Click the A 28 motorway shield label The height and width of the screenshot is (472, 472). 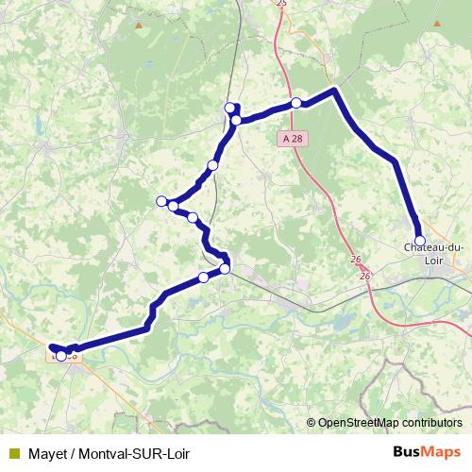point(294,138)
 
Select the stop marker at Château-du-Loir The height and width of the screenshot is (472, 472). point(419,241)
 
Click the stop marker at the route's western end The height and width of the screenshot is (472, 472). point(61,356)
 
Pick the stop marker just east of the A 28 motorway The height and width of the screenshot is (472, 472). point(296,103)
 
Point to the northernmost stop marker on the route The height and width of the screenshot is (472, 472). point(229,108)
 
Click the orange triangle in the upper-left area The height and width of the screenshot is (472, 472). point(140,25)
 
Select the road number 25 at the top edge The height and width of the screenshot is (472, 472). point(280,4)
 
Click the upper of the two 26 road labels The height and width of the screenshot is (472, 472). point(355,260)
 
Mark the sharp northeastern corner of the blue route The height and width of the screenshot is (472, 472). point(334,91)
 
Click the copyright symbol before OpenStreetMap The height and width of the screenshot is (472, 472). point(311,423)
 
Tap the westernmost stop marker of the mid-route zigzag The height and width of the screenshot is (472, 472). point(161,200)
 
